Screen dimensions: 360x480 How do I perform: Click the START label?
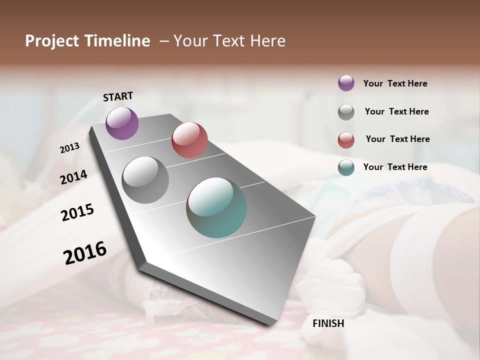(118, 96)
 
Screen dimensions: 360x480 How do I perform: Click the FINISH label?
(328, 323)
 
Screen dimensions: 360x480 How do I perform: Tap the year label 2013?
(69, 148)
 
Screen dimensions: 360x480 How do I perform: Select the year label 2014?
(73, 177)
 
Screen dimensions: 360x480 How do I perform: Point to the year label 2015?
(77, 212)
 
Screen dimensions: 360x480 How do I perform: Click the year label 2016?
(85, 253)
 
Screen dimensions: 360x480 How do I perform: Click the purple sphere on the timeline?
(122, 123)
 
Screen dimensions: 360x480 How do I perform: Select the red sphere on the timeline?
(189, 140)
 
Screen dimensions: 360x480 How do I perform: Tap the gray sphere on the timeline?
(145, 180)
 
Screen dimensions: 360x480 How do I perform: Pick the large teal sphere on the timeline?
(216, 207)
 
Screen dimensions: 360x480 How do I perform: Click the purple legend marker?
(346, 83)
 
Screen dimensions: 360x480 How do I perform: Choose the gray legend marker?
(346, 111)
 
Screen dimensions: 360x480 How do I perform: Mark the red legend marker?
(346, 139)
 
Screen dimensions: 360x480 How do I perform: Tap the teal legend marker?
(346, 167)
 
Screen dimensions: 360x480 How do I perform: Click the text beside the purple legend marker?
(395, 83)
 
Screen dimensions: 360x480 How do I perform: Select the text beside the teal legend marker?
(395, 167)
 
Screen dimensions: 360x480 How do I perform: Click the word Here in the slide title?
(267, 41)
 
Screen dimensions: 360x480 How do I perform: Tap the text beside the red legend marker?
(397, 139)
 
